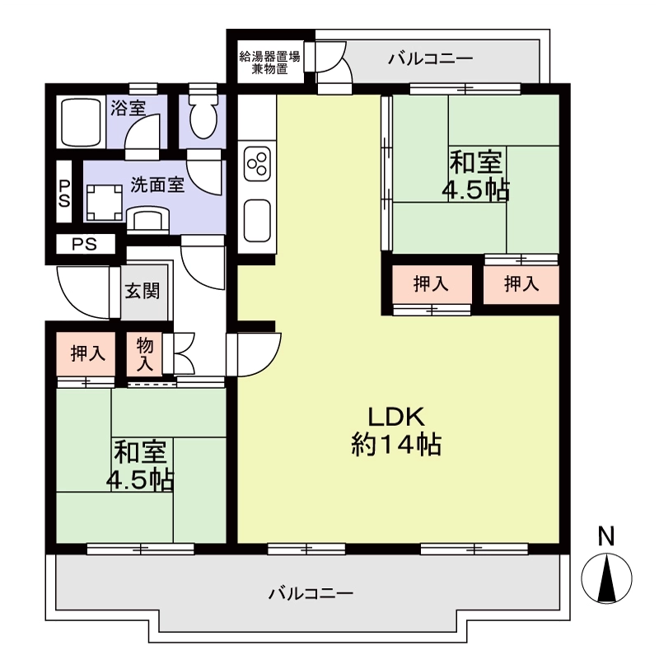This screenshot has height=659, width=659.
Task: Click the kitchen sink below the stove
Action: pos(257,221)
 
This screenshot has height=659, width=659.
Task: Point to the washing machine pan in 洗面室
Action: pos(105,202)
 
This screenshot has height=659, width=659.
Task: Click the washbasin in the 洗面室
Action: pos(147,218)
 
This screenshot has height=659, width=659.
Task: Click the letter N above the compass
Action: pos(606,537)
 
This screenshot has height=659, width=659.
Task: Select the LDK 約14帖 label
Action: pos(396,432)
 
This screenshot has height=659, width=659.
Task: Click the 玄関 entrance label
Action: pos(143,291)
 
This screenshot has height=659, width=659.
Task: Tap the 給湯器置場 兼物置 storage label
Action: pos(270,63)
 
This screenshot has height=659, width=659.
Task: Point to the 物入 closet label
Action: pos(145,355)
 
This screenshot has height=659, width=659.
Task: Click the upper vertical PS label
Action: pos(64,194)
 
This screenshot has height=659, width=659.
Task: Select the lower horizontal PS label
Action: pos(85,244)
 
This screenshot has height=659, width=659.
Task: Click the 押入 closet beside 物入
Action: pos(87,353)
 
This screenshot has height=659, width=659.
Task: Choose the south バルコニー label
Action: pos(311,593)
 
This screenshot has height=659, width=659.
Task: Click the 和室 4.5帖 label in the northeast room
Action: pos(476,176)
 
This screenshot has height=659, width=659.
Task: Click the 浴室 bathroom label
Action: pos(129,108)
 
